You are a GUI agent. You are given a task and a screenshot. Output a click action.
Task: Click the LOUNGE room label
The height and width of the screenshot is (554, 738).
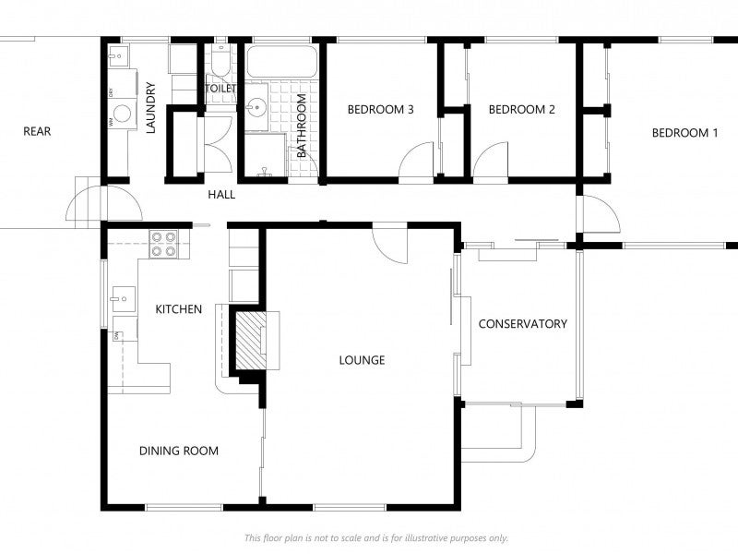tap(362, 360)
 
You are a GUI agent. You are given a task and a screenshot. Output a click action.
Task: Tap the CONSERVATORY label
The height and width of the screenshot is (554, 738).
tap(522, 324)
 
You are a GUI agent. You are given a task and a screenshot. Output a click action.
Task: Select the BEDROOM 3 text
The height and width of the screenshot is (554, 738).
tap(380, 110)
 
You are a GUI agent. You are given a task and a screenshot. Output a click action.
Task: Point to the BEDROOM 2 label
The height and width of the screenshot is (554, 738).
tap(521, 110)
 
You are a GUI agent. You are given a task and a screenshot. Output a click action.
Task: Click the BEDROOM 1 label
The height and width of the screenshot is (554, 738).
tap(684, 133)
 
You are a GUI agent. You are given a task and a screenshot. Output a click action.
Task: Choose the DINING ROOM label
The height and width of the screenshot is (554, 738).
tap(179, 452)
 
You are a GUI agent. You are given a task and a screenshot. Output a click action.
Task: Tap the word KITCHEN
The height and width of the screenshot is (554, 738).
tap(178, 309)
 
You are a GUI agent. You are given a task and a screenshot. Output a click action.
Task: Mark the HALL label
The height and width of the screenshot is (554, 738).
tap(221, 195)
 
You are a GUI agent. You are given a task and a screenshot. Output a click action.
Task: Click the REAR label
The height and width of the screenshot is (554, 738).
tap(37, 132)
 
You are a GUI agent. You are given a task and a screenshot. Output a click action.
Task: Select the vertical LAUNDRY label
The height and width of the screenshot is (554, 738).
tap(151, 109)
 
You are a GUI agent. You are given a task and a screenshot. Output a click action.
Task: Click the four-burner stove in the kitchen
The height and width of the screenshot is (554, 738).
tap(163, 243)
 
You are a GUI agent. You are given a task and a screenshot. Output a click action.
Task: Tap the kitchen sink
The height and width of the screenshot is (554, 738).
tap(122, 297)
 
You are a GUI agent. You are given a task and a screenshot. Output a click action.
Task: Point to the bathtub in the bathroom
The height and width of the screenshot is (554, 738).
tap(282, 63)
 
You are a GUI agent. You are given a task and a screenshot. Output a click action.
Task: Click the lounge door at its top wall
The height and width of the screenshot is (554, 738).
tap(390, 242)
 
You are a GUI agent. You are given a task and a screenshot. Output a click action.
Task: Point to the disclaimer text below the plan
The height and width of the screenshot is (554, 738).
tap(375, 538)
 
